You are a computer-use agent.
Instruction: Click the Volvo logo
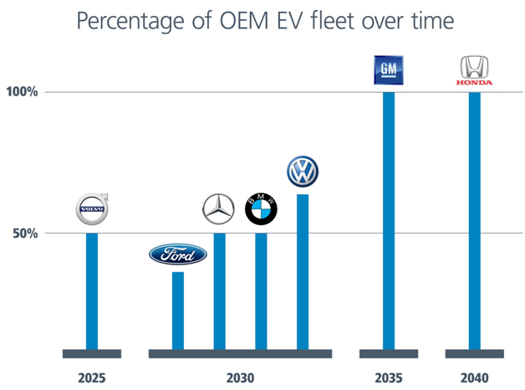pos(93,211)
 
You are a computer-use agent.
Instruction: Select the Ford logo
pos(177,254)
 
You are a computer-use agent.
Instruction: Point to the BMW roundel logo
pos(260,210)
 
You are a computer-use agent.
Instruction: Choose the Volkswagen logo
pos(302,172)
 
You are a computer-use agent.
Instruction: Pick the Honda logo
pos(473,71)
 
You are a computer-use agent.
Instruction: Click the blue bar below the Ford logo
pos(177,310)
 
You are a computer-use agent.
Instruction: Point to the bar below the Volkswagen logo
pos(303,271)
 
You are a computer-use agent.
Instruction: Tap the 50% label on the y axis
pos(26,233)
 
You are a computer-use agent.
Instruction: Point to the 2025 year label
pos(92,377)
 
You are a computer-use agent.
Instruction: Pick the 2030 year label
pos(241,377)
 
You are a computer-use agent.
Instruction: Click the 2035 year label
pos(388,377)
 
